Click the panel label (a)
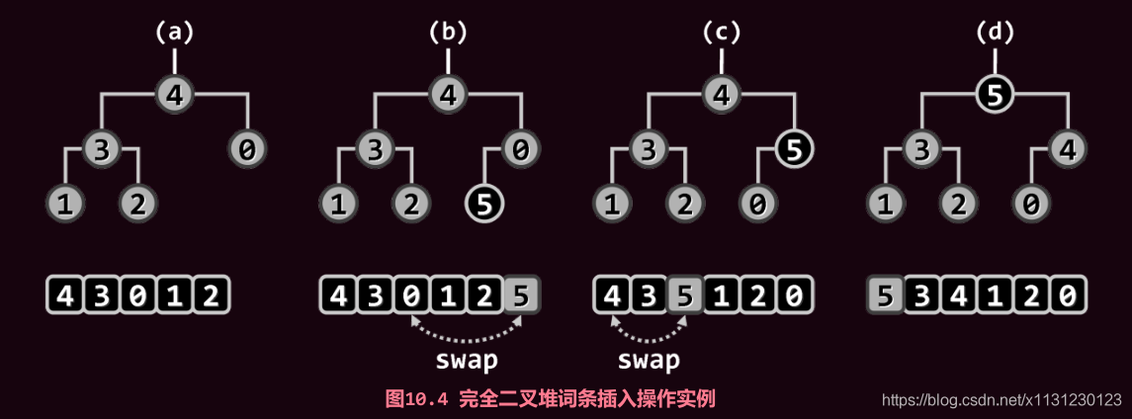[175, 32]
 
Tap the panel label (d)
[994, 32]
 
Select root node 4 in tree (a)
[175, 96]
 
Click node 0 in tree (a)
[246, 150]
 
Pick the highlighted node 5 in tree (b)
[484, 204]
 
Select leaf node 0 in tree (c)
[757, 204]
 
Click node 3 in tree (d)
[920, 150]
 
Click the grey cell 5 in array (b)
[521, 295]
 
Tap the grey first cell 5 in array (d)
[886, 295]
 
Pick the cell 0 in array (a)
[138, 295]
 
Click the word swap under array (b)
[467, 360]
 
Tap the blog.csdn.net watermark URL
[1001, 400]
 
